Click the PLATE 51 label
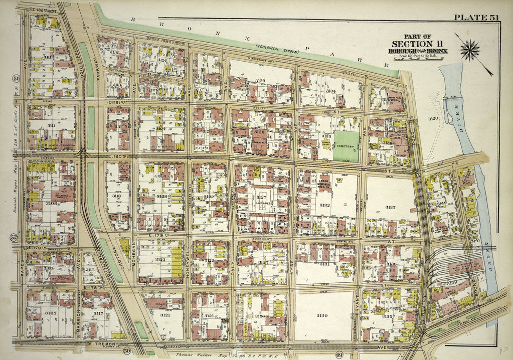[x=476, y=18]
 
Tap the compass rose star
[x=470, y=50]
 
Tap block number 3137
[x=390, y=207]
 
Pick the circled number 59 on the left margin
[x=16, y=78]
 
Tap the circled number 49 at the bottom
[x=325, y=355]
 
